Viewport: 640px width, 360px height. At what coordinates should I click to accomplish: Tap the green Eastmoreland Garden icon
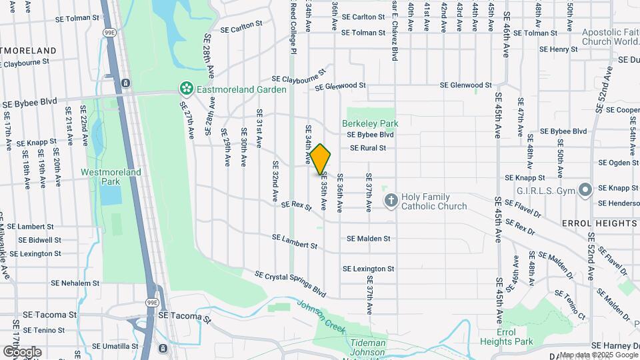click(x=186, y=88)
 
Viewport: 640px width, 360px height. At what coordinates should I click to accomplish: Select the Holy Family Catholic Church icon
click(x=391, y=199)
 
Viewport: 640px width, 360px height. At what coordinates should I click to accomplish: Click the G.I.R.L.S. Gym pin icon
click(x=586, y=190)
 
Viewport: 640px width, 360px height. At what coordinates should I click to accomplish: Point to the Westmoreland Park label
click(x=111, y=176)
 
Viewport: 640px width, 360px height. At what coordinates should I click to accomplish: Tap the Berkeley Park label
click(x=370, y=123)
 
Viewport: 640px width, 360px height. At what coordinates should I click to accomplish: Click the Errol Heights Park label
click(x=507, y=337)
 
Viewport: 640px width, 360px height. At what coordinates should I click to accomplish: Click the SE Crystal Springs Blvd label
click(x=291, y=284)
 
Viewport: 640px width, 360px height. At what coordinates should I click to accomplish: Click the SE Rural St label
click(x=368, y=148)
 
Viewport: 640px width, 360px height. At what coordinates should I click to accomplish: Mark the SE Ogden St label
click(x=619, y=163)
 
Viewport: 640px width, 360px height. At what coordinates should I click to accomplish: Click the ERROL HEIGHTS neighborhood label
click(x=599, y=223)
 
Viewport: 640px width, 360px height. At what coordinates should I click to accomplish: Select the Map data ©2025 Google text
click(x=599, y=355)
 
